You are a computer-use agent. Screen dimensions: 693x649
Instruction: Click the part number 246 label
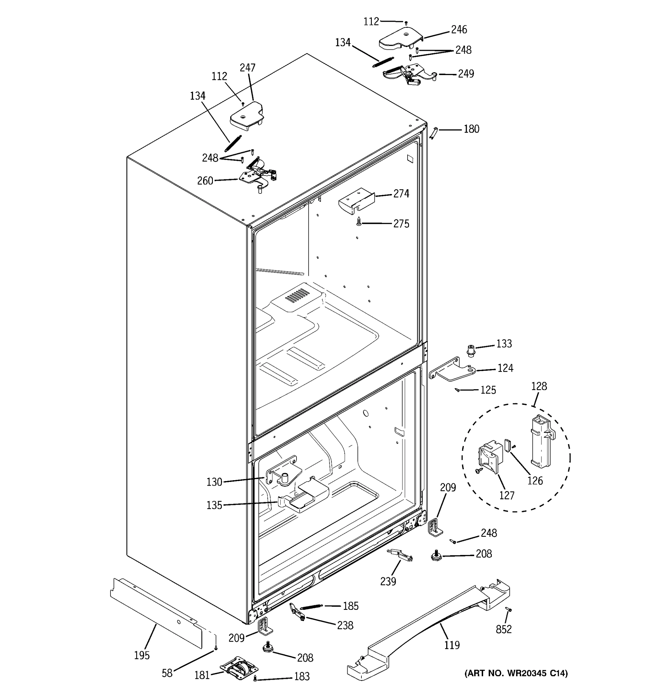[x=459, y=30]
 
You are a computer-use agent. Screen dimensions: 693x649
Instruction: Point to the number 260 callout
[x=205, y=181]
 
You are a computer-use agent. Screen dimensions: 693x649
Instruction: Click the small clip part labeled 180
[x=433, y=133]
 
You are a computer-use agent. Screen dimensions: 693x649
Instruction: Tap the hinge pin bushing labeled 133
[x=471, y=350]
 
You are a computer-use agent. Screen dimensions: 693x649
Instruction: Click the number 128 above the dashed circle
[x=539, y=386]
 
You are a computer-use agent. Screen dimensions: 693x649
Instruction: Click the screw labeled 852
[x=508, y=609]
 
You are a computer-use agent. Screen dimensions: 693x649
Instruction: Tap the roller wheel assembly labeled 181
[x=239, y=669]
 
